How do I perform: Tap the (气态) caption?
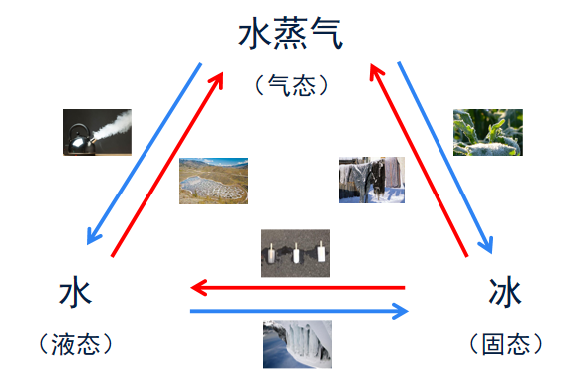pyautogui.click(x=291, y=86)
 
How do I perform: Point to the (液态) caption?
pyautogui.click(x=75, y=344)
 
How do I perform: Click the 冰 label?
pyautogui.click(x=505, y=294)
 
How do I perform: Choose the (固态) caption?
pyautogui.click(x=505, y=344)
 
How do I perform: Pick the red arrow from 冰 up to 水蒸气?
pyautogui.click(x=419, y=160)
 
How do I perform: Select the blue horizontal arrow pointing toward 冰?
pyautogui.click(x=299, y=312)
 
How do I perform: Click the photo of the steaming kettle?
pyautogui.click(x=97, y=132)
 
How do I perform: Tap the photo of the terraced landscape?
pyautogui.click(x=213, y=181)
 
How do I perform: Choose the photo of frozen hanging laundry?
pyautogui.click(x=371, y=180)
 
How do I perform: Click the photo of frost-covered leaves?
pyautogui.click(x=487, y=132)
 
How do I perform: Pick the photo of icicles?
pyautogui.click(x=297, y=344)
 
